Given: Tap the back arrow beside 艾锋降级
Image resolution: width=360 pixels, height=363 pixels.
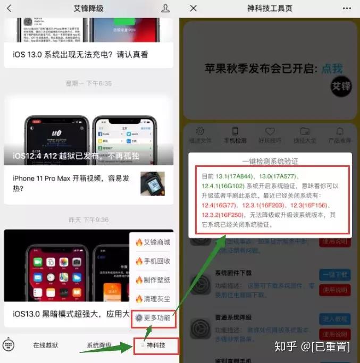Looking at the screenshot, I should (9, 9).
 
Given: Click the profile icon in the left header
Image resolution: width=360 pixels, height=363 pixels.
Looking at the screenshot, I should (165, 9).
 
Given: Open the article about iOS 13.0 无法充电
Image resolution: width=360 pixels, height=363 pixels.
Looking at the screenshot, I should (80, 54).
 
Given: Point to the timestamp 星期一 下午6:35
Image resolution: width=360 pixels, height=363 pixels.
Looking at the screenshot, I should (89, 83).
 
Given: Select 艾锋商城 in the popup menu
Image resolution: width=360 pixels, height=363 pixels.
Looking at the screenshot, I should (153, 242).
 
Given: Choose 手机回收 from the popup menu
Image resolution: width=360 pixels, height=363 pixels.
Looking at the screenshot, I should (153, 261).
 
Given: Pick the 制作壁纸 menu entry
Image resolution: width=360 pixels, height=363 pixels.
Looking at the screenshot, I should (153, 280).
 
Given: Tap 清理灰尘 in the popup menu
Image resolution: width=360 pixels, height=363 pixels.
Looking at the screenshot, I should (153, 299).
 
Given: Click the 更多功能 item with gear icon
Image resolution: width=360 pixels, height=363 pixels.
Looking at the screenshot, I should (153, 318).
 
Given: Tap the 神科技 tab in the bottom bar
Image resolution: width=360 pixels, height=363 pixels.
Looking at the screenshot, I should (156, 345).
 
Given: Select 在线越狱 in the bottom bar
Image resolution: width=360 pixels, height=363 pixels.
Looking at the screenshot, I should (46, 345).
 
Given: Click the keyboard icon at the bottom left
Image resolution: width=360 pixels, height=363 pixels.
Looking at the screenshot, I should (9, 345).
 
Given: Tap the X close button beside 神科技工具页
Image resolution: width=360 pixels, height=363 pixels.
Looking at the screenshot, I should (194, 9).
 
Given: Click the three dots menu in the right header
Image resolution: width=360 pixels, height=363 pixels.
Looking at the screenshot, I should (347, 9).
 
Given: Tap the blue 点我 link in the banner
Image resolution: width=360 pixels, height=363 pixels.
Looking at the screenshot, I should (332, 69).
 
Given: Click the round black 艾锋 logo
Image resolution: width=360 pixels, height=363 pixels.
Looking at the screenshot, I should (340, 86).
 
